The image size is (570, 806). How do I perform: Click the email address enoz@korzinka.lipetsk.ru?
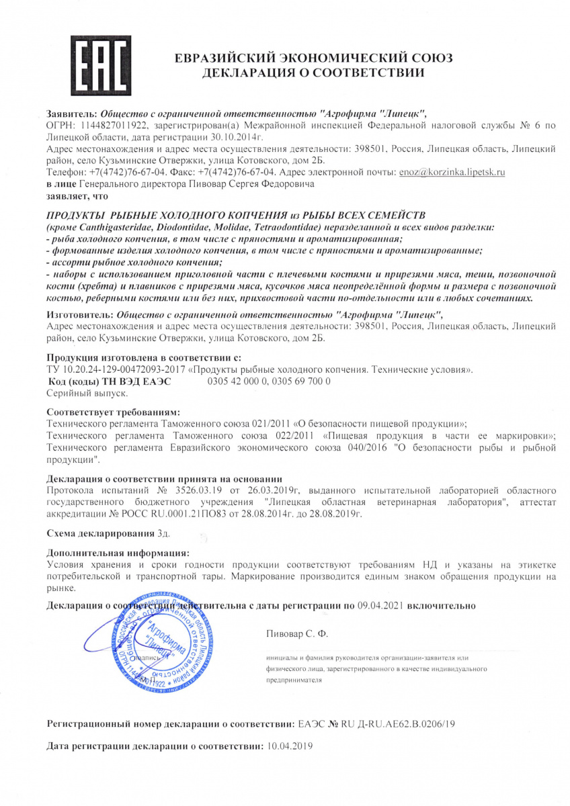click(452, 173)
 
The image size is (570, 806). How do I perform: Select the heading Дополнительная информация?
click(118, 552)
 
